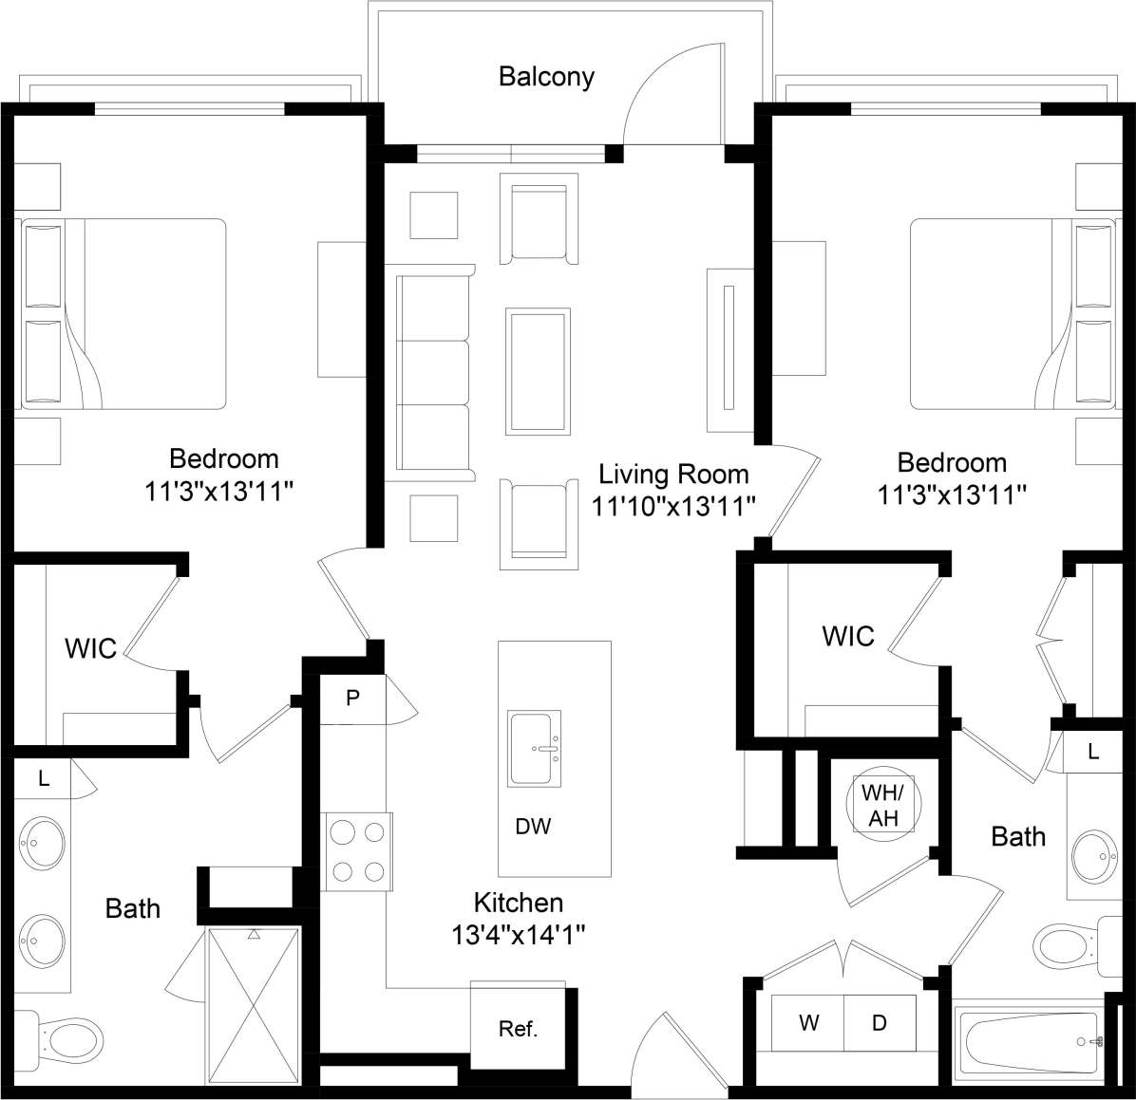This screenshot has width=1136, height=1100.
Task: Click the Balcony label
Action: (546, 77)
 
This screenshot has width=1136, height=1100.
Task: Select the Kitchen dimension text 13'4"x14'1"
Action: (518, 935)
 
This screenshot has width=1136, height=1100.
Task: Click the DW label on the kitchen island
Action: (533, 827)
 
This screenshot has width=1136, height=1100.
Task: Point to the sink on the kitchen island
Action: (535, 748)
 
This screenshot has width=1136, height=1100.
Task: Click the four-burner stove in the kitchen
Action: (357, 851)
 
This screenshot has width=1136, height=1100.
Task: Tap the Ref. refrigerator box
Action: (519, 1029)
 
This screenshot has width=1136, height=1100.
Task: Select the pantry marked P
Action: (352, 699)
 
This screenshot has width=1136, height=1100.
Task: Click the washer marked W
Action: (808, 1022)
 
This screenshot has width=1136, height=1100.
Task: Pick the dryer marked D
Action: (880, 1022)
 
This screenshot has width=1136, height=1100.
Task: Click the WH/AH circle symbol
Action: (882, 805)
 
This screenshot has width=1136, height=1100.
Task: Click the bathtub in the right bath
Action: (1030, 1041)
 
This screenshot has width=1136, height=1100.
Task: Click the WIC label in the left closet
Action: (90, 648)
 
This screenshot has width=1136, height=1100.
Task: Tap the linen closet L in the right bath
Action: (1093, 752)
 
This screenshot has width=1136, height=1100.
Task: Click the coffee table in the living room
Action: (539, 371)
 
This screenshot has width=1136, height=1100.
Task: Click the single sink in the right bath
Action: (1092, 856)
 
